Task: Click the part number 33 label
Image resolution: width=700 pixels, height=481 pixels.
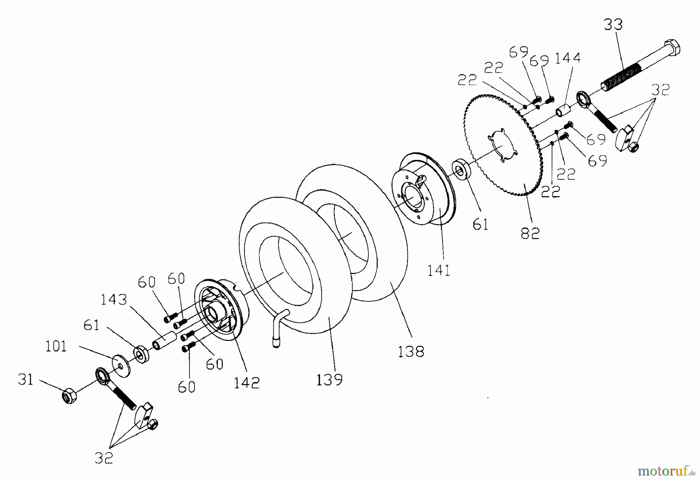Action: tap(613, 25)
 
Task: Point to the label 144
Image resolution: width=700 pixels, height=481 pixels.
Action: tap(567, 58)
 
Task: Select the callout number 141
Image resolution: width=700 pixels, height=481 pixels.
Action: tap(439, 270)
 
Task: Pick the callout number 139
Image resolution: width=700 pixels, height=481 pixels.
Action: tap(329, 379)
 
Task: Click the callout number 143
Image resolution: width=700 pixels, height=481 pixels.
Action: tap(114, 300)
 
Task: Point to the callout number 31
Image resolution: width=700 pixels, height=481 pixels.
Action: tap(25, 379)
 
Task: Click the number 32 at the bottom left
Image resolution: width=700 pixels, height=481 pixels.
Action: tap(104, 458)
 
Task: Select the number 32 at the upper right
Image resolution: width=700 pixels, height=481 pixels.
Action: tap(660, 90)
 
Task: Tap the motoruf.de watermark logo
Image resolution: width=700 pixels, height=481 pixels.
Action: tap(666, 472)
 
